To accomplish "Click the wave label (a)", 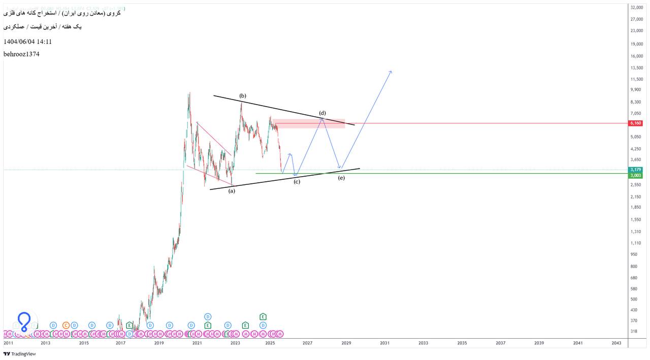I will [232, 191].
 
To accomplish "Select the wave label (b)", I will [243, 96].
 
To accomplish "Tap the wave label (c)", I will [297, 181].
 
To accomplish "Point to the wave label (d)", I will [322, 113].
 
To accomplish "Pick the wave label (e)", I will [341, 178].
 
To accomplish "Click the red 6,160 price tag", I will [636, 123].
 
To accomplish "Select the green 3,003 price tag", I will [636, 176].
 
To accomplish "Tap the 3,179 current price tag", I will [636, 170].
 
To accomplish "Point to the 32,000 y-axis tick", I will [637, 8].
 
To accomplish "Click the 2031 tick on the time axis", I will [384, 343].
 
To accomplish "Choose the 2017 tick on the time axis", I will [120, 343].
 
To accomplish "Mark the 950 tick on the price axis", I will [634, 254].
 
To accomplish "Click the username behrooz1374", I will [21, 54].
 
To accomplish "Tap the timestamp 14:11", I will [44, 42].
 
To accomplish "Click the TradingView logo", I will [20, 354].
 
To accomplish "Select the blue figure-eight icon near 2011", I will [24, 321].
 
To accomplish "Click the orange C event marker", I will [66, 325].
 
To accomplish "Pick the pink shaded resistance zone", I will [309, 123].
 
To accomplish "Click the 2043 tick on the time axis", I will [616, 343].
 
